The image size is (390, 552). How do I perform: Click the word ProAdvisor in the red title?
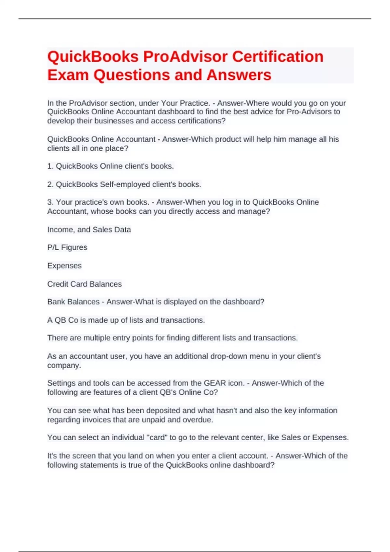pyautogui.click(x=185, y=57)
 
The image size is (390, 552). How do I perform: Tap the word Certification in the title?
pyautogui.click(x=278, y=57)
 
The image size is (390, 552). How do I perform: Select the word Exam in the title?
pyautogui.click(x=68, y=75)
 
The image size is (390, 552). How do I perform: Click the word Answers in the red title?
pyautogui.click(x=239, y=75)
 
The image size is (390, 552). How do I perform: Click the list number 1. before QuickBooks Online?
pyautogui.click(x=50, y=166)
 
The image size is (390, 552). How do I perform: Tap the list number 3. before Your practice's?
pyautogui.click(x=50, y=202)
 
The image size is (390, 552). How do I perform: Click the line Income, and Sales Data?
pyautogui.click(x=89, y=230)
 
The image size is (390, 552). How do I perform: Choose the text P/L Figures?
pyautogui.click(x=67, y=247)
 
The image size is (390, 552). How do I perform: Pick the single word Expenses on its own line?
pyautogui.click(x=64, y=266)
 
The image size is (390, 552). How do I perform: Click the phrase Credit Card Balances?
pyautogui.click(x=84, y=284)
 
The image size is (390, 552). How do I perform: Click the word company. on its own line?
pyautogui.click(x=64, y=365)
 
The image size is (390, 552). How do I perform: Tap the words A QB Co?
pyautogui.click(x=63, y=320)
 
